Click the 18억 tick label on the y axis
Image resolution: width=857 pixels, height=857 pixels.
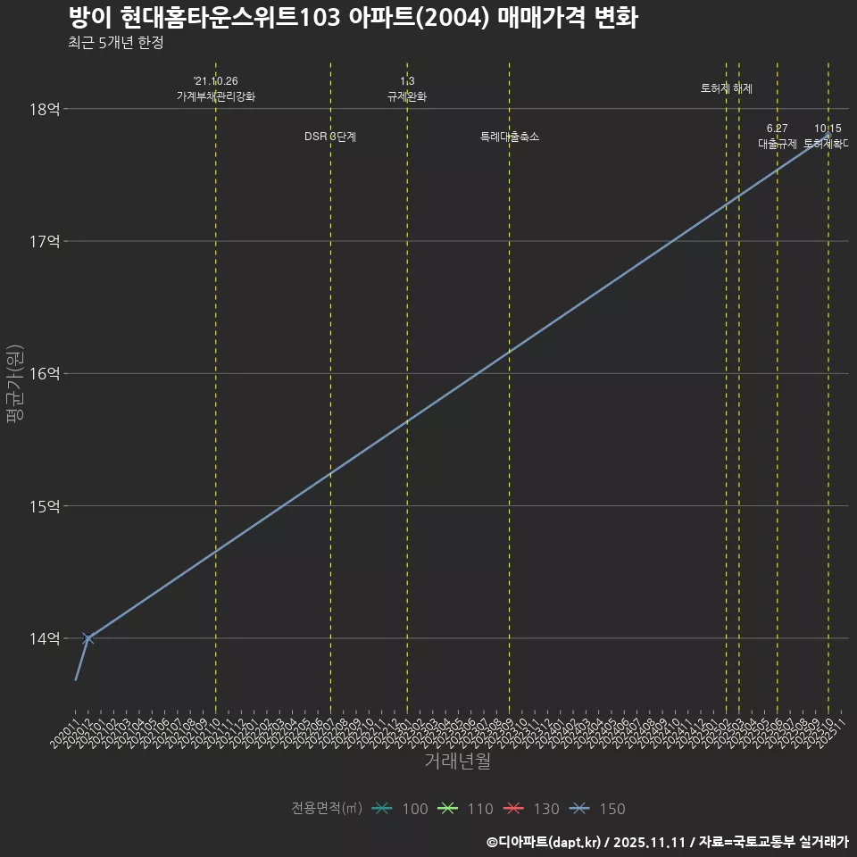[x=45, y=109]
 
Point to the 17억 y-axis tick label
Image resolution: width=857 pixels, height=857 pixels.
[x=45, y=241]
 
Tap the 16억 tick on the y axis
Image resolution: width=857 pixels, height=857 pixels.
[x=45, y=373]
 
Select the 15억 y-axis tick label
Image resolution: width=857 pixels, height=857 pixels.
[x=45, y=506]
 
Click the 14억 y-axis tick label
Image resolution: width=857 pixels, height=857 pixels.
[x=45, y=638]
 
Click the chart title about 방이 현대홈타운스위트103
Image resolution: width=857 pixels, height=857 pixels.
[x=353, y=18]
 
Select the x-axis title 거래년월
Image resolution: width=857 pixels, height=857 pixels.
[x=457, y=761]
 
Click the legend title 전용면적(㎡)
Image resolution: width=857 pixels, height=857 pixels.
[x=327, y=809]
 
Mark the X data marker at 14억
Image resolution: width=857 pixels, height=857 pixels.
[x=87, y=638]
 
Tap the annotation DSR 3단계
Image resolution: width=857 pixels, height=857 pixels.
[x=330, y=137]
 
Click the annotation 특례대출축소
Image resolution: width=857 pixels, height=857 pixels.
[x=510, y=137]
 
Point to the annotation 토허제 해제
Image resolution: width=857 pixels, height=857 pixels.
[x=727, y=88]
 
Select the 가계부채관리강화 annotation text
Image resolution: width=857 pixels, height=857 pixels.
[x=216, y=96]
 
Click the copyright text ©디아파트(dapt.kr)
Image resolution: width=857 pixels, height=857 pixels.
[x=545, y=842]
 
